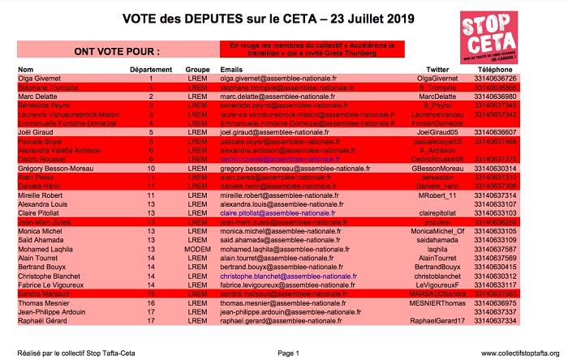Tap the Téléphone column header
pyautogui.click(x=495, y=71)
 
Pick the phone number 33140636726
pyautogui.click(x=495, y=79)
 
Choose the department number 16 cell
pyautogui.click(x=151, y=302)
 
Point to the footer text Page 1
pyautogui.click(x=288, y=354)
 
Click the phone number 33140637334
pyautogui.click(x=495, y=320)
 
